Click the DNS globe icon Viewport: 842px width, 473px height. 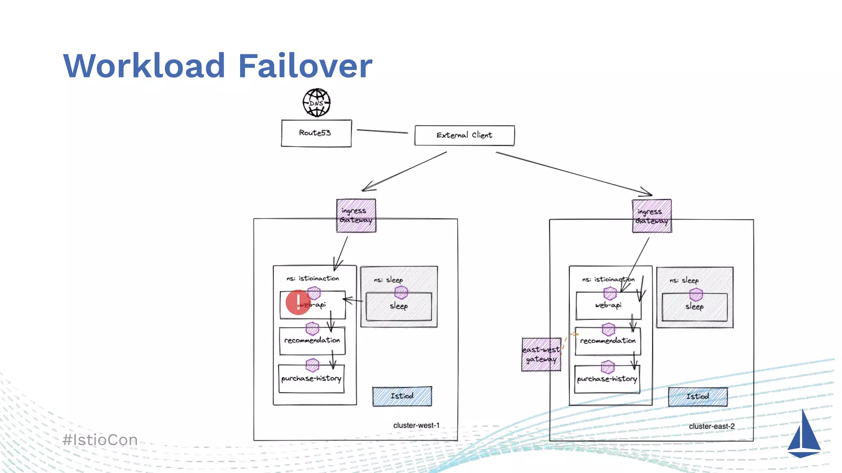[x=317, y=103]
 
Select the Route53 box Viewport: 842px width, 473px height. [x=316, y=133]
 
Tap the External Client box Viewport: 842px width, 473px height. [x=464, y=135]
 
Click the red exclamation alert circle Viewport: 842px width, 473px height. [x=298, y=303]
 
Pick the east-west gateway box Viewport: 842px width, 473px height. [x=541, y=354]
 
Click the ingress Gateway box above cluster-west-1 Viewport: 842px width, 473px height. [x=356, y=216]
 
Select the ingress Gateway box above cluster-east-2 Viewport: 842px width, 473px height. [x=652, y=216]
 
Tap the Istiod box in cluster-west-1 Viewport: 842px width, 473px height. [x=402, y=396]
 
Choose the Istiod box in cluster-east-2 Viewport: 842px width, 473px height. [x=698, y=397]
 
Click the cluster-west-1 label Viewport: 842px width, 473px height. [x=416, y=425]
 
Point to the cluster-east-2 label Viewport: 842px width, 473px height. [x=712, y=426]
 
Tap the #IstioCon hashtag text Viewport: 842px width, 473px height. [x=100, y=440]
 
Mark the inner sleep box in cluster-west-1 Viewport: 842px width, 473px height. [x=398, y=306]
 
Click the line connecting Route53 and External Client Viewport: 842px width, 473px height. [x=382, y=131]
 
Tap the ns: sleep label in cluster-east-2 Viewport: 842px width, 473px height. [x=684, y=280]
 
